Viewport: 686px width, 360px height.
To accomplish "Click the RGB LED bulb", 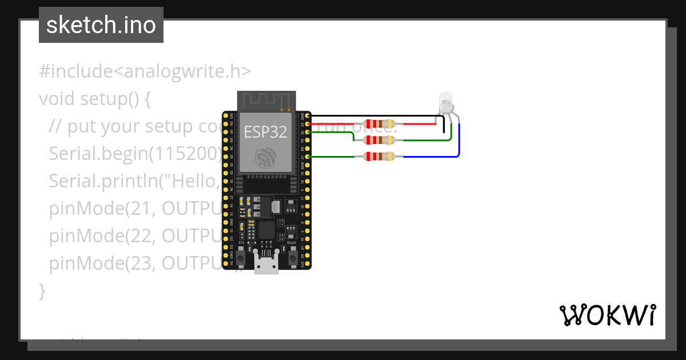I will (x=446, y=103).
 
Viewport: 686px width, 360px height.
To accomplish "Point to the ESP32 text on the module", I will (x=265, y=131).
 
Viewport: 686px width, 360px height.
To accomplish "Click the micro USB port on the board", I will (x=267, y=265).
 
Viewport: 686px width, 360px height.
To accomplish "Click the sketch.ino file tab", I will (x=101, y=25).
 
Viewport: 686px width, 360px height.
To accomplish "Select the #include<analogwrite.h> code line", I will (x=145, y=71).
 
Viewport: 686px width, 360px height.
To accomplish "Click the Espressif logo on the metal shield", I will (x=266, y=158).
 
